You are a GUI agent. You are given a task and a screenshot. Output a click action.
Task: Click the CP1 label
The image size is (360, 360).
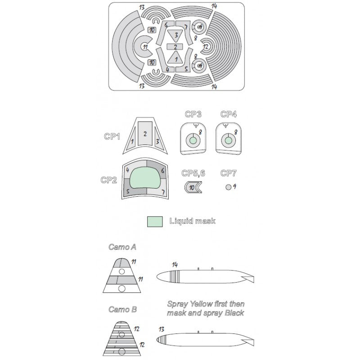pyautogui.click(x=112, y=136)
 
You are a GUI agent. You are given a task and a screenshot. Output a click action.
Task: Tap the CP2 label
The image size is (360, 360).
pyautogui.click(x=109, y=180)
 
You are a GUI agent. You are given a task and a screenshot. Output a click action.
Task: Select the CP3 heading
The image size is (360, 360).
pyautogui.click(x=193, y=114)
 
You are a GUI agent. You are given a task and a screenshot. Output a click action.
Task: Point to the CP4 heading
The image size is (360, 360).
pyautogui.click(x=229, y=114)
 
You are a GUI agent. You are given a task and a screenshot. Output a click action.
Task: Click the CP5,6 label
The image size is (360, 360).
pyautogui.click(x=193, y=173)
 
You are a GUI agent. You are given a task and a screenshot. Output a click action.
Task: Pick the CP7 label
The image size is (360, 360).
pyautogui.click(x=229, y=173)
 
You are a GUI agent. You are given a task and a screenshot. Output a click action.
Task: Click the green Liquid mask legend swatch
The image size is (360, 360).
pyautogui.click(x=155, y=221)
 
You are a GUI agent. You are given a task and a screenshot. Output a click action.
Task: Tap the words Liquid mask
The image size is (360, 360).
pyautogui.click(x=193, y=221)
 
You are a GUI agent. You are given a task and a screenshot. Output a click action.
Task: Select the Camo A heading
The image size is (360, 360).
pyautogui.click(x=122, y=247)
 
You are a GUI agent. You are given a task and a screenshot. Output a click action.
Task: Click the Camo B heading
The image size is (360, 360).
pyautogui.click(x=122, y=310)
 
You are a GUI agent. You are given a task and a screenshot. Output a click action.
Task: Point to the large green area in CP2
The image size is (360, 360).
pyautogui.click(x=145, y=178)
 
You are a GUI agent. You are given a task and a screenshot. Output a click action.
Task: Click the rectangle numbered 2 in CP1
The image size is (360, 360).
pyautogui.click(x=145, y=133)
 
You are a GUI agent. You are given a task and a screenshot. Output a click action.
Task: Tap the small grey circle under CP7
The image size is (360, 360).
pyautogui.click(x=229, y=187)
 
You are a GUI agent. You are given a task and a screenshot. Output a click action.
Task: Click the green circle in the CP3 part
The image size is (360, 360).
pyautogui.click(x=193, y=140)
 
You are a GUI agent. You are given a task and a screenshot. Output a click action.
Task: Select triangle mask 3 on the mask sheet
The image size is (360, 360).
pyautogui.click(x=175, y=36)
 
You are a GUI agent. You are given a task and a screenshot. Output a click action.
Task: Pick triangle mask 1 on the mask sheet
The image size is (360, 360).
pyautogui.click(x=175, y=57)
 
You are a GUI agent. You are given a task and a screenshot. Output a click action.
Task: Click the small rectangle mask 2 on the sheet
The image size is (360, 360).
pyautogui.click(x=175, y=47)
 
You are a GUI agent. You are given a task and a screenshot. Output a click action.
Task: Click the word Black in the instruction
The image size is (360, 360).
pyautogui.click(x=234, y=313)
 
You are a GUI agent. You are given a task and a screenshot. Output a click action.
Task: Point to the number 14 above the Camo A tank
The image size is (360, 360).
pyautogui.click(x=175, y=265)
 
